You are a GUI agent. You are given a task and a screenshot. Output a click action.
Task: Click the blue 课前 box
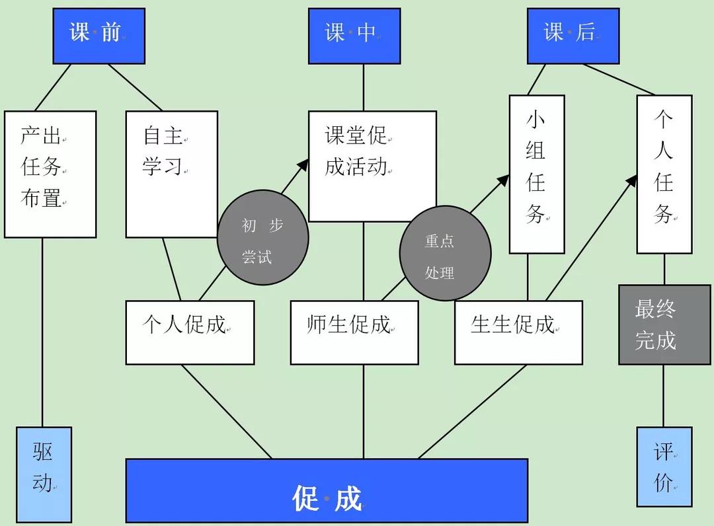tap(99, 36)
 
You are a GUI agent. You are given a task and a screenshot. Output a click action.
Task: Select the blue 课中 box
tap(354, 36)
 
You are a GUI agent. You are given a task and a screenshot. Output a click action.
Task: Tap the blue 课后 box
tap(573, 36)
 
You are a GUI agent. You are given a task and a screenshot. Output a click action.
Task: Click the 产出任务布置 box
tap(50, 174)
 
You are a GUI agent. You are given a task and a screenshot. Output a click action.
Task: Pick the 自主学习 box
tap(171, 174)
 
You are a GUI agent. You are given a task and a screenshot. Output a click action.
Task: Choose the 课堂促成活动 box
tap(372, 166)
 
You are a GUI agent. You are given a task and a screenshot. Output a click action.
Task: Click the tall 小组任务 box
tap(536, 174)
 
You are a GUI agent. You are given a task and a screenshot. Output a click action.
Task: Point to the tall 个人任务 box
tap(664, 174)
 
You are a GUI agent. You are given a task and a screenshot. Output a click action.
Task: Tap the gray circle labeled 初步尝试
tap(262, 239)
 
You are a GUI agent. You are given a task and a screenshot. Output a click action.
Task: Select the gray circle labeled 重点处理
tap(445, 254)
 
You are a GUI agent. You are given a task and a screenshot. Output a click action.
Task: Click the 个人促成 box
tap(190, 332)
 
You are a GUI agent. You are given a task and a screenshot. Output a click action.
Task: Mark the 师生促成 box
tap(354, 332)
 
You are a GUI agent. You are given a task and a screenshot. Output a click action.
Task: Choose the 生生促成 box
tap(518, 332)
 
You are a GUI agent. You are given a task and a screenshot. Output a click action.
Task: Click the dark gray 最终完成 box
tap(664, 324)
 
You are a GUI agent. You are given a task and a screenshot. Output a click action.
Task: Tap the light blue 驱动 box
tap(44, 474)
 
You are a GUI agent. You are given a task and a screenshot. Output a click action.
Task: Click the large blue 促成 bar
tap(327, 490)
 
